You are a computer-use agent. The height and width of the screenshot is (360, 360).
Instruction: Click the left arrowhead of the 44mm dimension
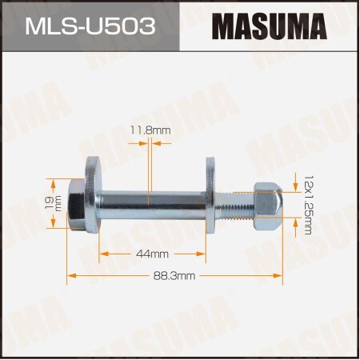point(102,254)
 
